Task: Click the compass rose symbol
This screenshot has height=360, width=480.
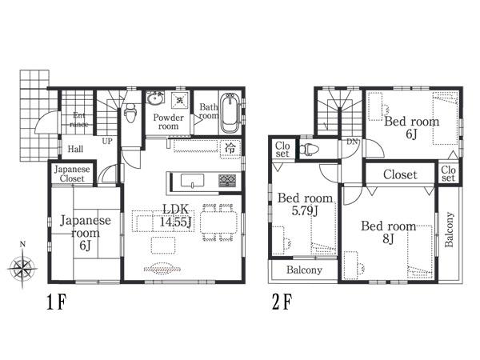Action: point(23,265)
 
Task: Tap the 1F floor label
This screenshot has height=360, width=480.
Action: point(57,306)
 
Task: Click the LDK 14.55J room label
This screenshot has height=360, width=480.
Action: point(177,216)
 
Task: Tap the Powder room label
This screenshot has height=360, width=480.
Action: point(168,122)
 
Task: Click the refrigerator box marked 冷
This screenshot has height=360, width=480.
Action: point(230,148)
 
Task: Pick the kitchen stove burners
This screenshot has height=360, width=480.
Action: point(228,179)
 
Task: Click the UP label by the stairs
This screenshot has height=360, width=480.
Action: point(106,141)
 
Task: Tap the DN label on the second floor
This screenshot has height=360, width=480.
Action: point(351,142)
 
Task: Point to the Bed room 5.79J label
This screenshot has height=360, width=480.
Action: point(305,204)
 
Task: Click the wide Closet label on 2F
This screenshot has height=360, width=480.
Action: point(400,174)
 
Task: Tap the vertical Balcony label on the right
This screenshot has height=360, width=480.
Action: point(449,230)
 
